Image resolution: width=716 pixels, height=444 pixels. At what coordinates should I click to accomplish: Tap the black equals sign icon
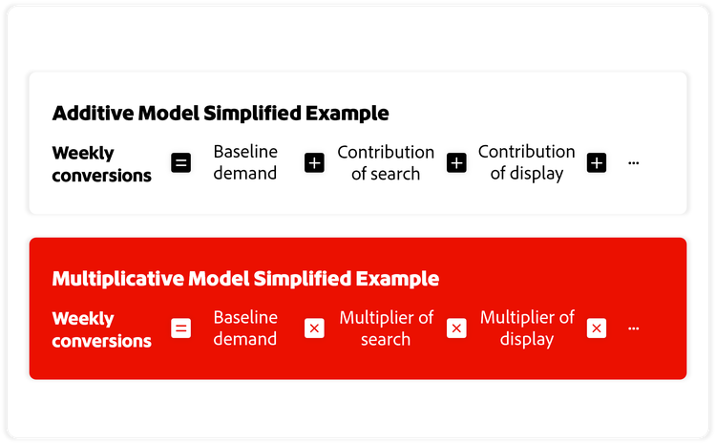pos(180,163)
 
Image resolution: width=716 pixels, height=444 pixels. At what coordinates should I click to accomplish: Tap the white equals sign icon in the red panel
pos(180,328)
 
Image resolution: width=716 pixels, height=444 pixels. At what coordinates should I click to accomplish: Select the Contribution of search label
pos(386,162)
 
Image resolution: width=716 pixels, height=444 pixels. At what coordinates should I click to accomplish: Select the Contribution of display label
pos(526,162)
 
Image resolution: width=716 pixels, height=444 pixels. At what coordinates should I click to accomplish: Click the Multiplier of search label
pos(386,328)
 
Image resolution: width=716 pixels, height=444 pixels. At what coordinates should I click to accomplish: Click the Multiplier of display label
pos(527,328)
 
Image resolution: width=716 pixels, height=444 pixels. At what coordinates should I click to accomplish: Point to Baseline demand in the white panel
pos(245,162)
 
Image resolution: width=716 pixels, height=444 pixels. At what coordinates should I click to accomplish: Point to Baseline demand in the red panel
pos(245,328)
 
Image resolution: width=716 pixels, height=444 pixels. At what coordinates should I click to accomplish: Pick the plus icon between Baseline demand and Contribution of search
pos(314,163)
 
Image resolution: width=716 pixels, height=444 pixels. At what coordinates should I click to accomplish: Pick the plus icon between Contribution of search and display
pos(456,163)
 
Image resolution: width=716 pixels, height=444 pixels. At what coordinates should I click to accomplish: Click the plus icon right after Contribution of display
pos(597,163)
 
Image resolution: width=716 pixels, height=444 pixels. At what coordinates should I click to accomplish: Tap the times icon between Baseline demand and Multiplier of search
pos(314,328)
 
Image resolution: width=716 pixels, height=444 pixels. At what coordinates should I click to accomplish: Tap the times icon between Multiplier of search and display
pos(456,328)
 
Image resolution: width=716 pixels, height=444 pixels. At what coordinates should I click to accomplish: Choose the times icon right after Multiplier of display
pos(597,328)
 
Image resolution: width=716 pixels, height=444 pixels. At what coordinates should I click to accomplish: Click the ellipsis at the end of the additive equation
pos(633,164)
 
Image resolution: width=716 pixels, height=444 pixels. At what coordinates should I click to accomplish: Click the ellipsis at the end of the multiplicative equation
pos(633,329)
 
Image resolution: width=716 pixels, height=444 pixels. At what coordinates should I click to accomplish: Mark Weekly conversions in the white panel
pos(101,163)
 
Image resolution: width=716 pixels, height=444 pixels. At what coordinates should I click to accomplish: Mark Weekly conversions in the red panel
pos(101,328)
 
